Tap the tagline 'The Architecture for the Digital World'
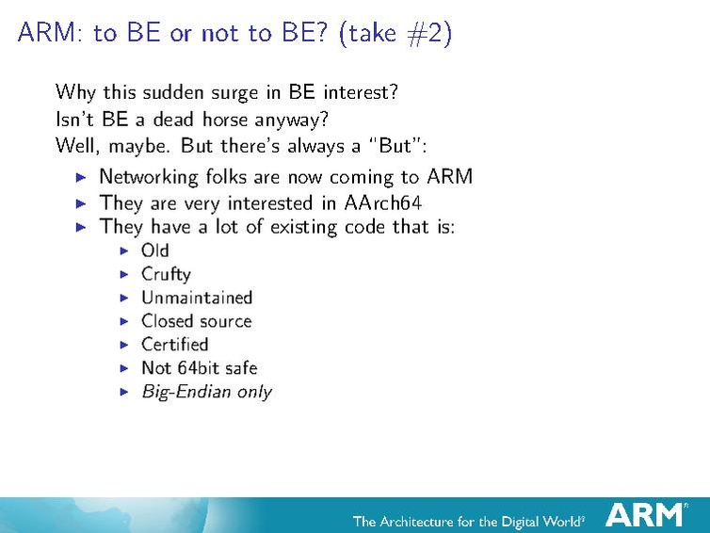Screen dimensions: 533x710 click(x=467, y=520)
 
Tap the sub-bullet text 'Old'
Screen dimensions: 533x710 click(x=154, y=250)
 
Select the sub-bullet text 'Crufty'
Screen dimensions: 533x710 click(x=166, y=274)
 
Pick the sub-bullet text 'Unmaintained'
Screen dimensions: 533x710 click(x=197, y=298)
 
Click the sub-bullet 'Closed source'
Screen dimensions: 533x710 click(x=196, y=321)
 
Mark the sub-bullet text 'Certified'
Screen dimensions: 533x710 click(x=174, y=345)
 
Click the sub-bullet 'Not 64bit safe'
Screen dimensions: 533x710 click(x=199, y=368)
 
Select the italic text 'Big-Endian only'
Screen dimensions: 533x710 click(x=206, y=392)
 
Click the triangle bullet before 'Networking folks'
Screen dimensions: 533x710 click(x=81, y=177)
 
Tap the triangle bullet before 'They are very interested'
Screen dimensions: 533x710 click(x=81, y=202)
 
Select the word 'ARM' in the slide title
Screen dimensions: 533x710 click(x=48, y=34)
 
